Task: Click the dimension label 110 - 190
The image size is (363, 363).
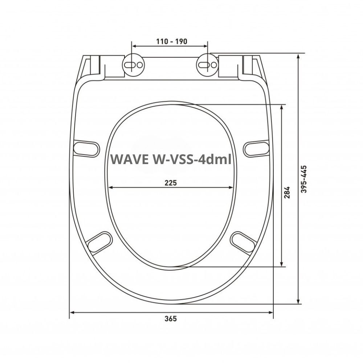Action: click(172, 41)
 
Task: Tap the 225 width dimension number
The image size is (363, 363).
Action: click(171, 183)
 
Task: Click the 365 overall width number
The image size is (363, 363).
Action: click(171, 319)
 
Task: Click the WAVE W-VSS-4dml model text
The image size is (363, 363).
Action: click(171, 159)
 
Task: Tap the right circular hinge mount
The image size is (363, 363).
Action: click(208, 65)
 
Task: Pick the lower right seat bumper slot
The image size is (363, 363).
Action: click(244, 241)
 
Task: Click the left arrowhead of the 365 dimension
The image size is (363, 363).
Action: click(72, 312)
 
